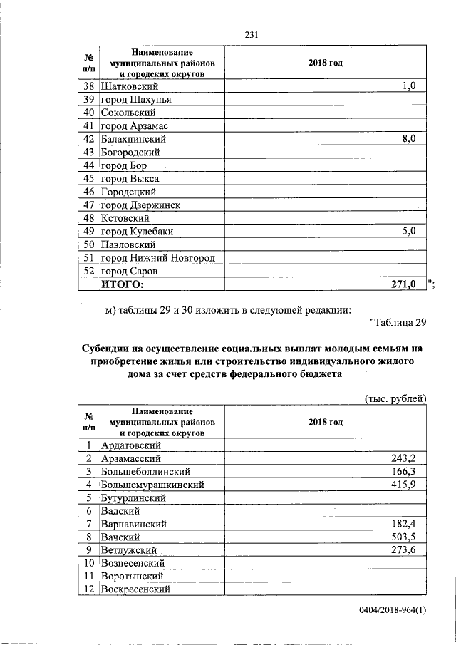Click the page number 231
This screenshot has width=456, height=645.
coord(251,34)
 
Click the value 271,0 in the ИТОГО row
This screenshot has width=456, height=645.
coord(404,285)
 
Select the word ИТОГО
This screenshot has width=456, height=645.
coord(122,285)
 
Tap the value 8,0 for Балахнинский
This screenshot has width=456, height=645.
coord(408,139)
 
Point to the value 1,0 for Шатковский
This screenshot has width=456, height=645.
coord(408,86)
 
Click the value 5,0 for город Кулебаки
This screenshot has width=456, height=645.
coord(408,232)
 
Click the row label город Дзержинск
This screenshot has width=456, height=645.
coord(140,205)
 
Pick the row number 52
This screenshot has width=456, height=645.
coord(89,272)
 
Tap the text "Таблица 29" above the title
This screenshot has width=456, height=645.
coord(399,324)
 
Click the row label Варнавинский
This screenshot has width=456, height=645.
coord(135,524)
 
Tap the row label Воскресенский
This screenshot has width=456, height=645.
coord(136,589)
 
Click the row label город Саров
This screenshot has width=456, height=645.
coord(128,272)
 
